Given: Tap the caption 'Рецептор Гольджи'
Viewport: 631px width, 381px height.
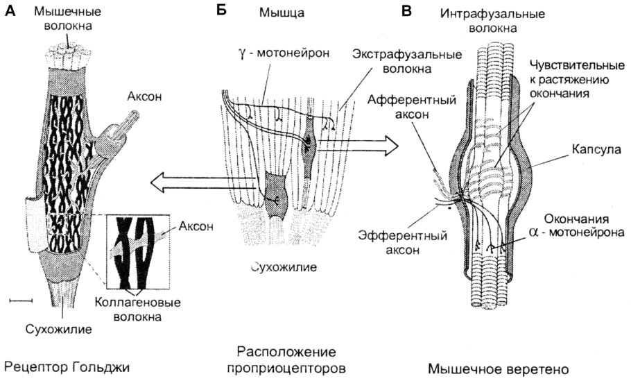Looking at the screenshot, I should click(67, 365).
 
